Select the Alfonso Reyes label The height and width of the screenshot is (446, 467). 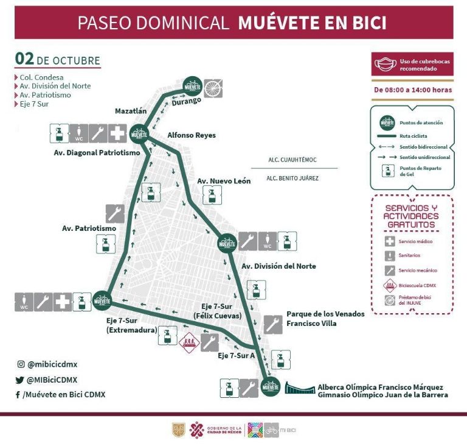(192, 135)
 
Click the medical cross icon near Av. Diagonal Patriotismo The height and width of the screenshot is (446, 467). (118, 132)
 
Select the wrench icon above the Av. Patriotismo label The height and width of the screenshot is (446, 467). (116, 213)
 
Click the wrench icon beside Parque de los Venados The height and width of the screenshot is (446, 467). (274, 324)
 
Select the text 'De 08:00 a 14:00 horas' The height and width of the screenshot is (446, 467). (413, 90)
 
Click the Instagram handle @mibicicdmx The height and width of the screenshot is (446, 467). (52, 364)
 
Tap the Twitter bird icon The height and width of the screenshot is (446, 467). (20, 380)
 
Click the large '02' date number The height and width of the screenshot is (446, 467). (24, 59)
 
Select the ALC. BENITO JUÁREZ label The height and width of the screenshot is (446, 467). (292, 179)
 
